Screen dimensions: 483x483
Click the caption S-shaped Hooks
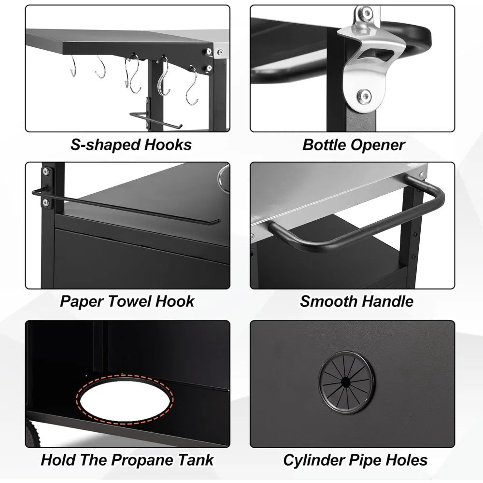click(x=131, y=144)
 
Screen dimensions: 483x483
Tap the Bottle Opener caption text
click(x=354, y=144)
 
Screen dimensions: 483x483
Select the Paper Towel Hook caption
click(x=127, y=301)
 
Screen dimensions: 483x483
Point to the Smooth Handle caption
click(x=356, y=301)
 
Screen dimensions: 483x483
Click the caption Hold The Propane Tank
click(x=127, y=459)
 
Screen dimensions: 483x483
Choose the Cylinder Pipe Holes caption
click(x=355, y=459)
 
